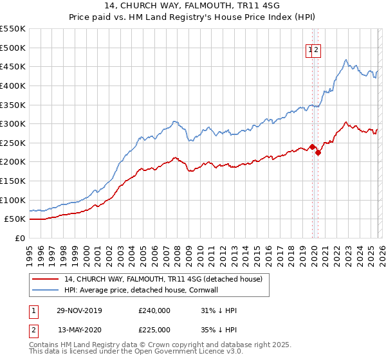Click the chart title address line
(193, 5)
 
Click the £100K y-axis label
(13, 200)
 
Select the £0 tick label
(21, 238)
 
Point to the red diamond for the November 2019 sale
(313, 147)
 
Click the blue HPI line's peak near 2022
(346, 60)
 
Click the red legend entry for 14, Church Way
(163, 280)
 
